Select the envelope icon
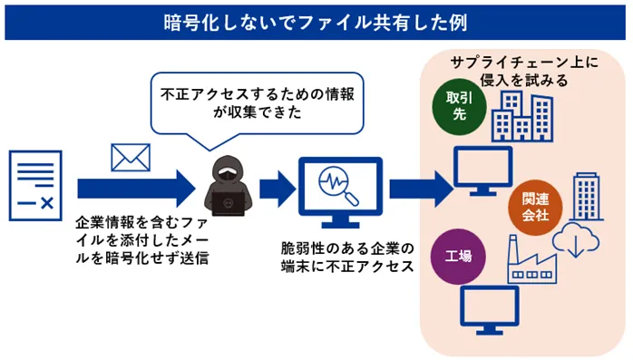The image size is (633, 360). tap(129, 157)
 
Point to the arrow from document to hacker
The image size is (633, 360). tap(135, 188)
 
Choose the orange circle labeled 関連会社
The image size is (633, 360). tap(537, 207)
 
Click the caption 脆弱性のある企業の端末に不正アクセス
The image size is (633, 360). tap(347, 258)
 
